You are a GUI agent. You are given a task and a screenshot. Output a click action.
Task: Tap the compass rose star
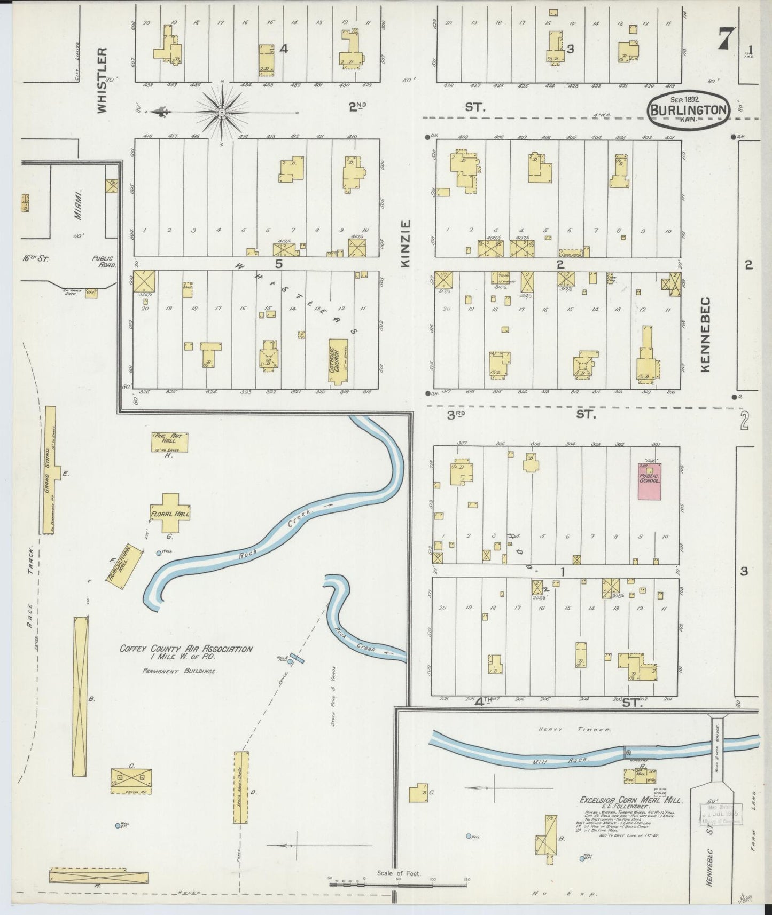click(x=221, y=112)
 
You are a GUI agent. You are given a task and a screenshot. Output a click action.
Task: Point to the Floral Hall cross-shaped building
click(x=170, y=513)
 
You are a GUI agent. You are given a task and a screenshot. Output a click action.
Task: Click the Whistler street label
click(x=102, y=81)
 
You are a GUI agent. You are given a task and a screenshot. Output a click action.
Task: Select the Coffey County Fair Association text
click(x=186, y=649)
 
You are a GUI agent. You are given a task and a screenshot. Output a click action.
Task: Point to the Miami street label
click(x=79, y=204)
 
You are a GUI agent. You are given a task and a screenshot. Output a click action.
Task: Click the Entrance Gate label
click(x=69, y=293)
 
